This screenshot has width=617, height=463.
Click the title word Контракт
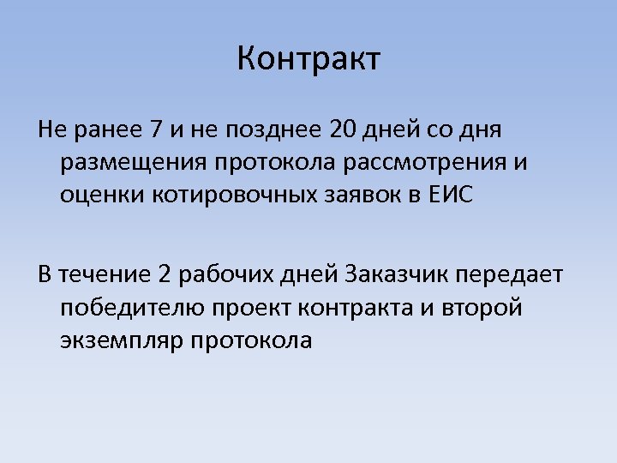[x=308, y=60]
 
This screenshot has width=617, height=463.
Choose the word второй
[x=483, y=308]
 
